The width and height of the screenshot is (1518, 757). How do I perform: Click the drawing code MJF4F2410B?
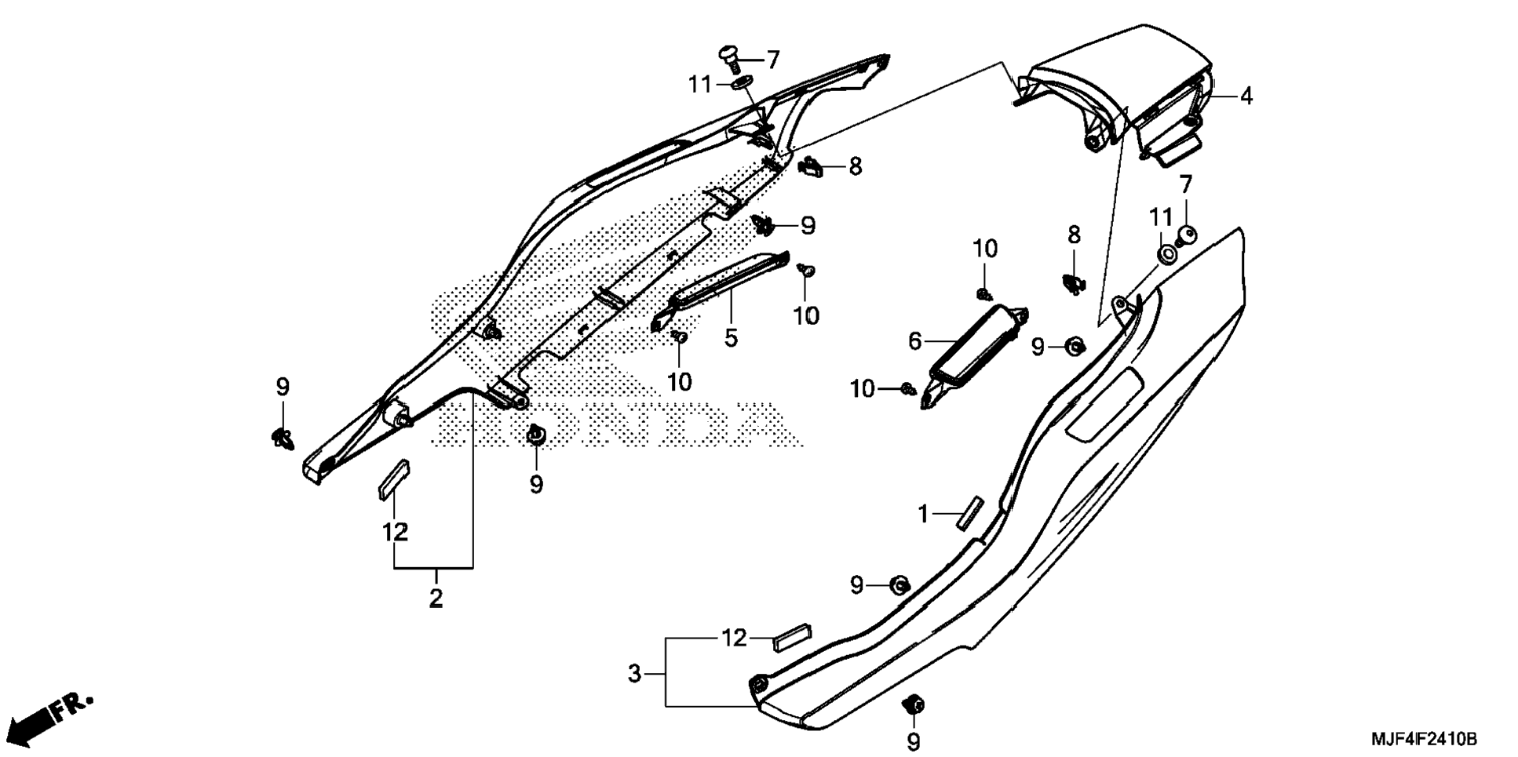coord(1424,739)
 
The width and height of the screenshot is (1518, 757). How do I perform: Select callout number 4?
coord(1246,96)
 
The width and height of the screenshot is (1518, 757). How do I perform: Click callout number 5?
coord(731,338)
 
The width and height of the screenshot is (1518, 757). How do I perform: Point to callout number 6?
coord(914,341)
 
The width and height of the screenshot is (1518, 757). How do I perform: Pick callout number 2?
coord(436,598)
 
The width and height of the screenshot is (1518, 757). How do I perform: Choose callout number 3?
coord(634,673)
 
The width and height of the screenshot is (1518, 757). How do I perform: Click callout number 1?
coord(923,515)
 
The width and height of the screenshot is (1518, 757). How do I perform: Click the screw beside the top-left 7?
coord(729,59)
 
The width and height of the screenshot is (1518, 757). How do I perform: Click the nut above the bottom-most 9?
coord(914,704)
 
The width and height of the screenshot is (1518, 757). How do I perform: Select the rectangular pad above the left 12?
coord(394,479)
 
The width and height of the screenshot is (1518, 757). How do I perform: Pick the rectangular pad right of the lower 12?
coord(793,638)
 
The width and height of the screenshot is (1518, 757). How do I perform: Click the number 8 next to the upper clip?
coord(855,166)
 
